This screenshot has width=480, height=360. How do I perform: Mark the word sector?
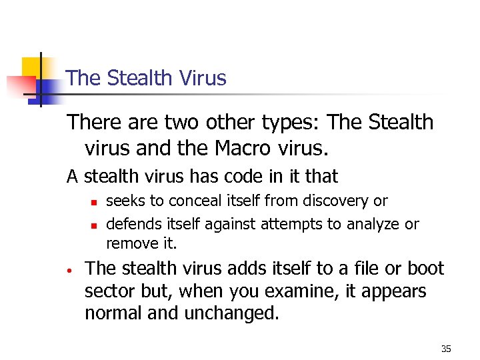107,291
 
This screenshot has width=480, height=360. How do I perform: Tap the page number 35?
447,349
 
